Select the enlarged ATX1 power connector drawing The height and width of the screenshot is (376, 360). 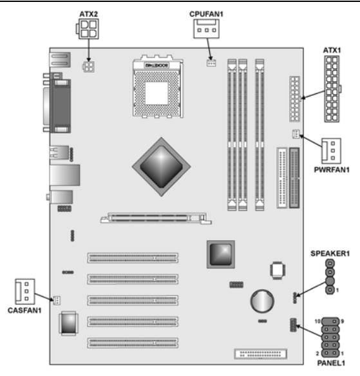click(x=333, y=88)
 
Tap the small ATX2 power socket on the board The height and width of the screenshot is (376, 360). click(x=88, y=66)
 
